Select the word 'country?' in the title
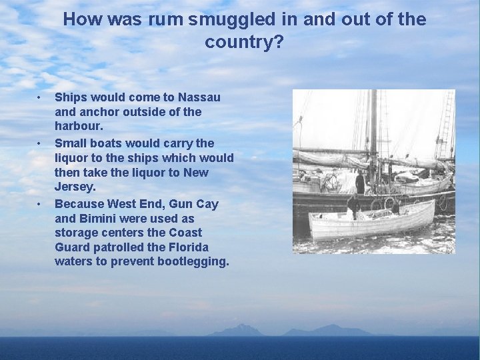[x=244, y=43]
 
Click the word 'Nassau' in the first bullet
[x=198, y=97]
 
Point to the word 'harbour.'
[x=79, y=126]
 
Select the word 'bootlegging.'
[x=193, y=261]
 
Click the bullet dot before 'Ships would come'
[x=39, y=97]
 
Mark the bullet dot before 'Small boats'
[x=39, y=143]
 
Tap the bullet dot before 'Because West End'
[x=39, y=203]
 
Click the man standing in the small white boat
[x=352, y=206]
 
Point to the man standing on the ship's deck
[x=360, y=181]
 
